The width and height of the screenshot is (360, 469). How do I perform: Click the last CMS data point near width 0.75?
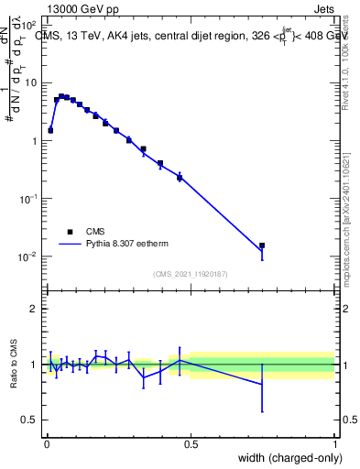(x=262, y=245)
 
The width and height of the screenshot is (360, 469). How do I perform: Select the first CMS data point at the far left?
(x=50, y=130)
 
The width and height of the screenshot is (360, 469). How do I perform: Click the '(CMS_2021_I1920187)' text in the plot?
(x=191, y=274)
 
